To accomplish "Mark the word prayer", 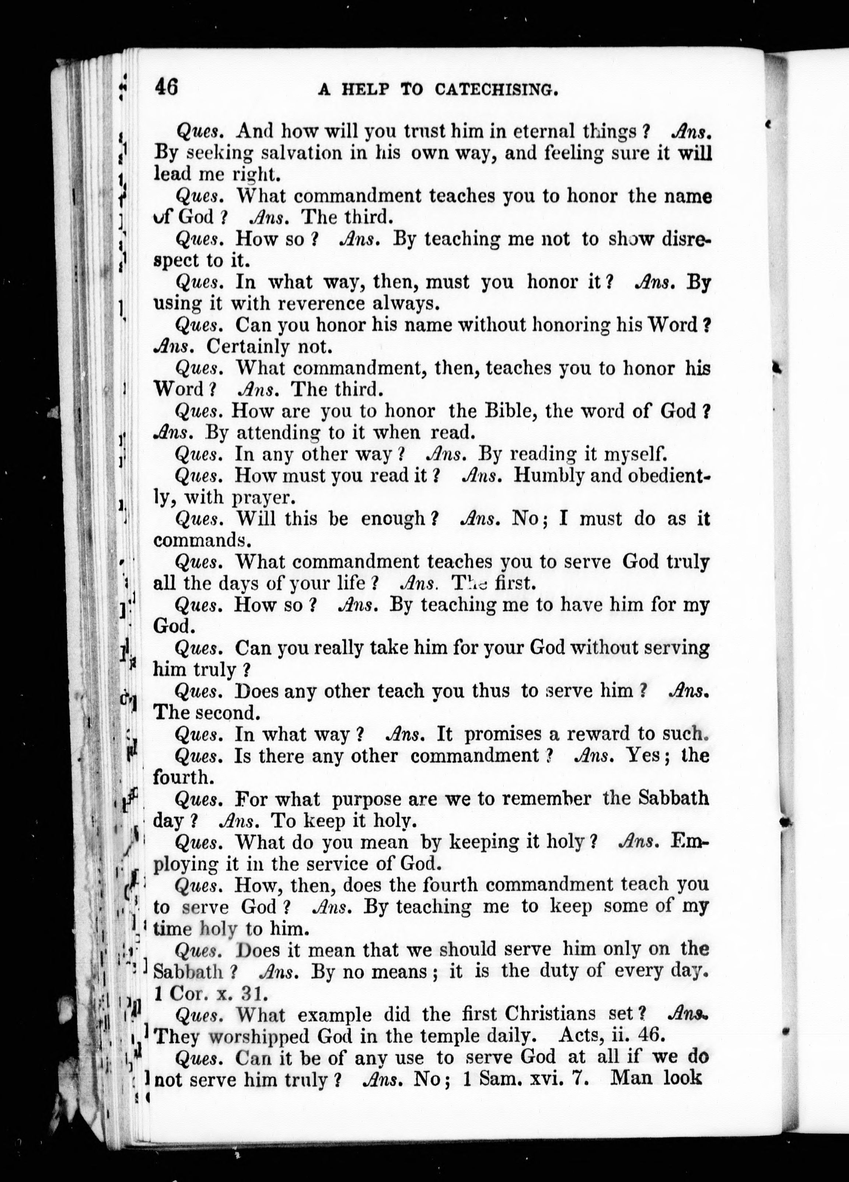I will (264, 498).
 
